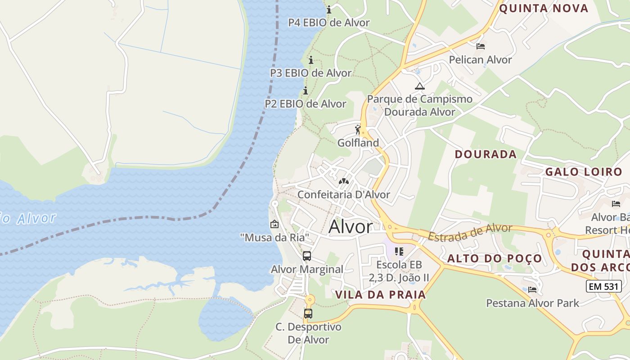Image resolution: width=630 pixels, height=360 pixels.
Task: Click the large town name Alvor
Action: (x=351, y=227)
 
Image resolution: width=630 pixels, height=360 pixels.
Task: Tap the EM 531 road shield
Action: (x=603, y=286)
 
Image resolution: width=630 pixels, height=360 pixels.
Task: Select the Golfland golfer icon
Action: (x=358, y=130)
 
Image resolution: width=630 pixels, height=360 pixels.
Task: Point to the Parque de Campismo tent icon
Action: (x=420, y=86)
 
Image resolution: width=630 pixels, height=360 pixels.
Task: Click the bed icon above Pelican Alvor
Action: (x=481, y=46)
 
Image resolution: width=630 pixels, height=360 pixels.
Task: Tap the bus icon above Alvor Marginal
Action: (x=307, y=256)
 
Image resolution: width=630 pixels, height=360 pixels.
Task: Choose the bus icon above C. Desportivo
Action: (x=308, y=314)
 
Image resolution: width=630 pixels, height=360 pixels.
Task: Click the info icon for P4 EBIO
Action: (x=329, y=9)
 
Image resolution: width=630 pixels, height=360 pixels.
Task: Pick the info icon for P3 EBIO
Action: (x=310, y=60)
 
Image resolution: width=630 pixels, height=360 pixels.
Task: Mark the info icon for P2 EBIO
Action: (x=306, y=91)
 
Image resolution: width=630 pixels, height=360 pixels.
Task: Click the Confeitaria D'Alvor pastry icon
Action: (x=344, y=181)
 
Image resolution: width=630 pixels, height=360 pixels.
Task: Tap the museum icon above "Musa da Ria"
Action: (x=274, y=224)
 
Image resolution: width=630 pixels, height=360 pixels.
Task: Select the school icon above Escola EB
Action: (x=399, y=251)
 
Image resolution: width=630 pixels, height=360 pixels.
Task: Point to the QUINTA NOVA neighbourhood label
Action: (x=544, y=9)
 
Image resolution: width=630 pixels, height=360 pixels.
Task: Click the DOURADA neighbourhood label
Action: (x=486, y=154)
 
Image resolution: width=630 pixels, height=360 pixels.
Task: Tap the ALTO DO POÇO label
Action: (x=495, y=259)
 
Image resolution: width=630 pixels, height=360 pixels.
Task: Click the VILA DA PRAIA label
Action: (x=380, y=295)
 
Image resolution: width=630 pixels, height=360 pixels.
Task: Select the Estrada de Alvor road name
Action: (x=470, y=232)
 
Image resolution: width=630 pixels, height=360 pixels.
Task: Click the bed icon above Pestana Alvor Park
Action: (x=532, y=289)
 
